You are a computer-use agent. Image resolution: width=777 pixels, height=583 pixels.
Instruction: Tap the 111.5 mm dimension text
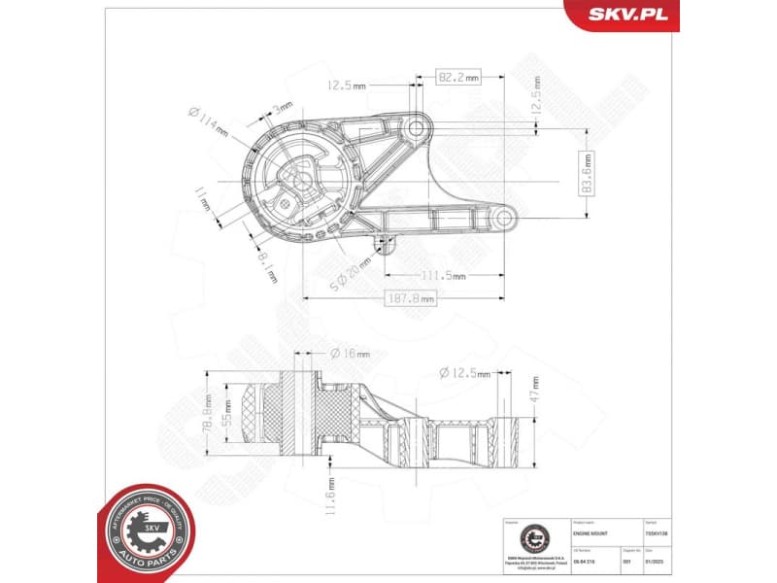[x=443, y=276]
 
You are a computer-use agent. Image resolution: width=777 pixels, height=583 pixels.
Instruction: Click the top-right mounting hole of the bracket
[x=416, y=128]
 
